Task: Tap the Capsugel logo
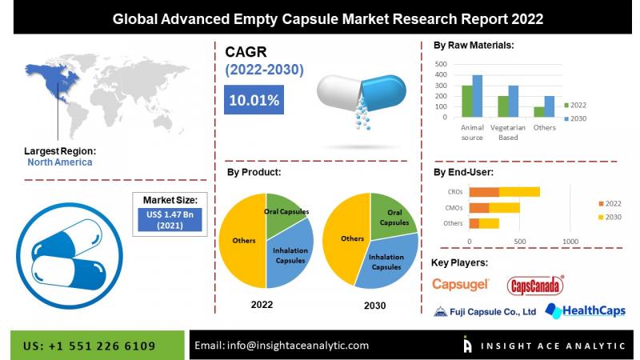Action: pyautogui.click(x=460, y=284)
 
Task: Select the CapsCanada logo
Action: pyautogui.click(x=535, y=285)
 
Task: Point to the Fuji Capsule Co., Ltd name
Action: pyautogui.click(x=485, y=312)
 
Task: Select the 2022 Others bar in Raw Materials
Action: pyautogui.click(x=539, y=112)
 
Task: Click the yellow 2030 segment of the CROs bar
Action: pyautogui.click(x=519, y=192)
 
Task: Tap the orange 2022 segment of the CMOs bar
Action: pyautogui.click(x=478, y=207)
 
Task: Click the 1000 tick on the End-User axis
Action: pyautogui.click(x=570, y=240)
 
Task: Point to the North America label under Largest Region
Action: pyautogui.click(x=60, y=162)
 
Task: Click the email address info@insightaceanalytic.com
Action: pyautogui.click(x=282, y=346)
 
